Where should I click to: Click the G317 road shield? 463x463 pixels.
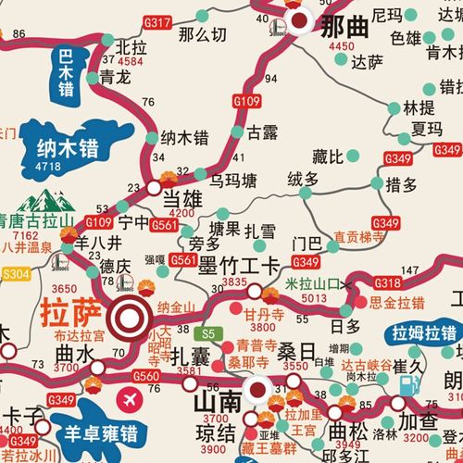click(158, 21)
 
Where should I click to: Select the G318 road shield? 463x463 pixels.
click(387, 282)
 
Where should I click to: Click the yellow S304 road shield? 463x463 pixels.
click(17, 274)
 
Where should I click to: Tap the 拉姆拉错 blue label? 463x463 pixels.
click(424, 334)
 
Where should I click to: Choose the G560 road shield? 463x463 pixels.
click(145, 376)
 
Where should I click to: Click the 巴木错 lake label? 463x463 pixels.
click(65, 74)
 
